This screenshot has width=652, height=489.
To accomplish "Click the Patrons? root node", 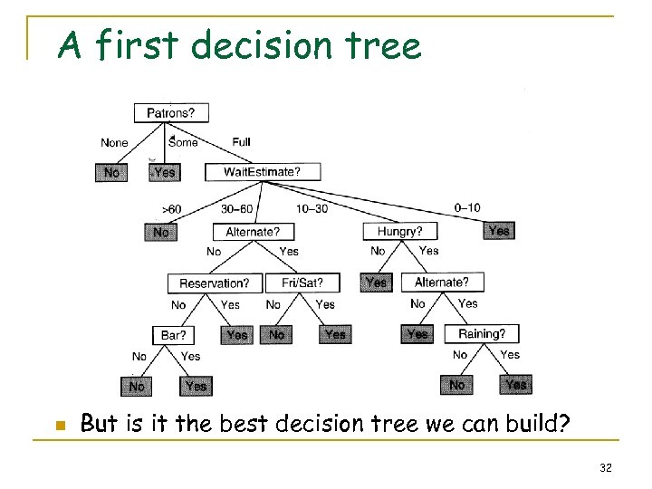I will pyautogui.click(x=170, y=113).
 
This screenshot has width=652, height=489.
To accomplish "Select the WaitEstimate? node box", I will pyautogui.click(x=262, y=171).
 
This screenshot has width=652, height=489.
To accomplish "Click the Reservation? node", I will pyautogui.click(x=215, y=283).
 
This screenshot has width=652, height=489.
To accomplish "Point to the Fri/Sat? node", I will pyautogui.click(x=302, y=283).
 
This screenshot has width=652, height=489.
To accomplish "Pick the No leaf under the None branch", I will pyautogui.click(x=111, y=171).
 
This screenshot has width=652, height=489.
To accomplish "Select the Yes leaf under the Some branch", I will pyautogui.click(x=164, y=171).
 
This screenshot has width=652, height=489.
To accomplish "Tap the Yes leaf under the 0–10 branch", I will pyautogui.click(x=498, y=231).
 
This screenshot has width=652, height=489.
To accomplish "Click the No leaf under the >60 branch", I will pyautogui.click(x=160, y=232).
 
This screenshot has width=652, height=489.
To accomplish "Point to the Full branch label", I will pyautogui.click(x=241, y=142).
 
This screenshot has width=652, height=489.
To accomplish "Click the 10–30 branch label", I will pyautogui.click(x=312, y=208).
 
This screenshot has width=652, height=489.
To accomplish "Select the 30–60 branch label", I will pyautogui.click(x=238, y=208).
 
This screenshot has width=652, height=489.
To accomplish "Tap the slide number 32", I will pyautogui.click(x=606, y=468).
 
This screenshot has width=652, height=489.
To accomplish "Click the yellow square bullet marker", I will pyautogui.click(x=59, y=425).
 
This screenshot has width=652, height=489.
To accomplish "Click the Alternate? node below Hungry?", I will pyautogui.click(x=442, y=283).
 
